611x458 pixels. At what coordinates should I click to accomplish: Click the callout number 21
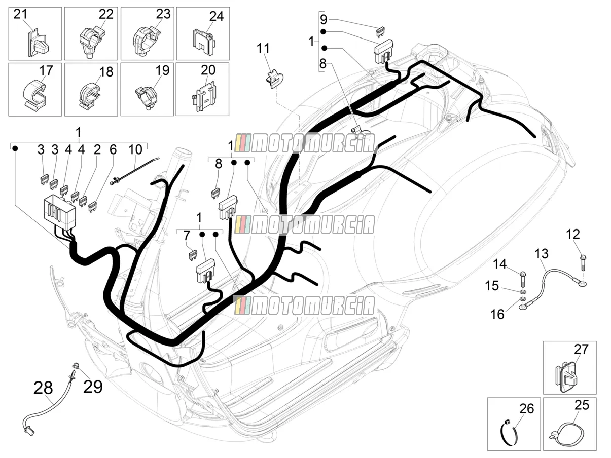tap(21, 14)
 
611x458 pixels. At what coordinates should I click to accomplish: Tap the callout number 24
tap(217, 16)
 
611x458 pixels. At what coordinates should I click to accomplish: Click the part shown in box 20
tap(204, 96)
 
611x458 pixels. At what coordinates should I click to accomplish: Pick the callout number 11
tap(263, 48)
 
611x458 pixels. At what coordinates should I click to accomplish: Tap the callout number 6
tap(113, 149)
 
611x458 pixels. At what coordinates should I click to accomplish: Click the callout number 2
tap(97, 149)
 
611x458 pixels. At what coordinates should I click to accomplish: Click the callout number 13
tap(542, 254)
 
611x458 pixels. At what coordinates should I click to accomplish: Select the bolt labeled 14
tap(522, 281)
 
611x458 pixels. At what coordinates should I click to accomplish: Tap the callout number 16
tap(497, 314)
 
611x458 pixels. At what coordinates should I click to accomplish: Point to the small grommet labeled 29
tap(75, 365)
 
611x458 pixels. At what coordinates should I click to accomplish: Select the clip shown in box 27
tap(565, 376)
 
